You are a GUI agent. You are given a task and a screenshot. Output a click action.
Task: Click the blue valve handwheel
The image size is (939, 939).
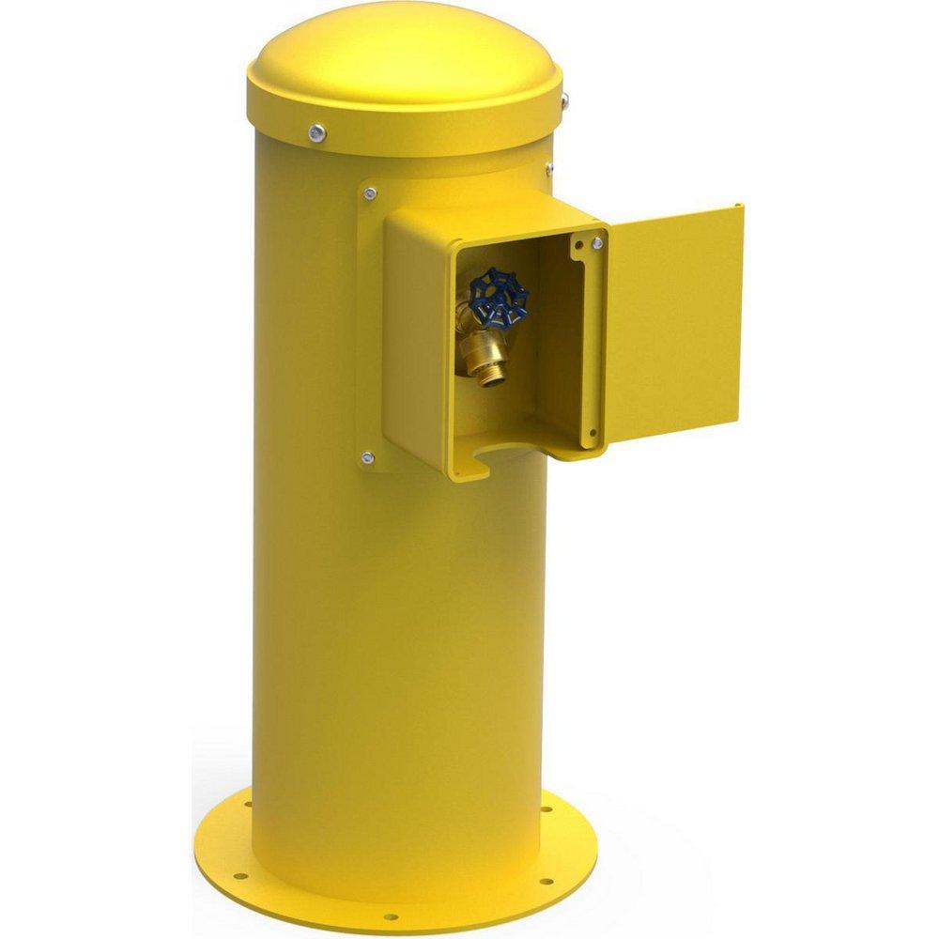click(498, 293)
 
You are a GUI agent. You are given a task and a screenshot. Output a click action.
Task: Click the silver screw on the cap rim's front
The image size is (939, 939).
click(318, 132)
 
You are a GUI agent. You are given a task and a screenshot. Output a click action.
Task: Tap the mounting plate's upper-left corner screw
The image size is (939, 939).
click(371, 193)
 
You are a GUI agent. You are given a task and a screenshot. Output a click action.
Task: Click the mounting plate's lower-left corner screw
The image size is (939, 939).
click(367, 458)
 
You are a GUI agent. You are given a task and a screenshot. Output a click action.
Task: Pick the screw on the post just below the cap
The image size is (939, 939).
click(549, 170)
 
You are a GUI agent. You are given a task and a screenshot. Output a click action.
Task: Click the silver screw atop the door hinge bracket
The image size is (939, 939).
click(595, 243)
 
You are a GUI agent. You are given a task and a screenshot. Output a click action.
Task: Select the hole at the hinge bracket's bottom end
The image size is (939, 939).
click(592, 433)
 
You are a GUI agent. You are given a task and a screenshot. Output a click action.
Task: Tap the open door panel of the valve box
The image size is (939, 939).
click(671, 324)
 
